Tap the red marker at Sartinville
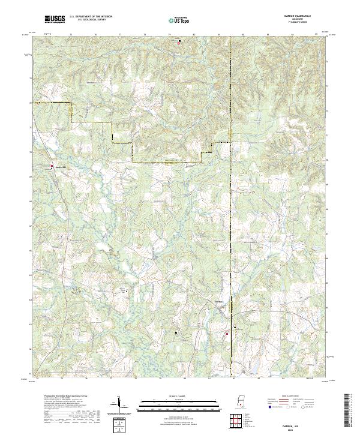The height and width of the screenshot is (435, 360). (52, 166)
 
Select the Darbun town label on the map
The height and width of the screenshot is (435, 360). (220, 302)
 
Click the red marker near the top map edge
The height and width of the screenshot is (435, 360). (179, 41)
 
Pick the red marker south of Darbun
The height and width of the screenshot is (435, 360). (227, 334)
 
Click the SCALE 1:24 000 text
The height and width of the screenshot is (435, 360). (179, 397)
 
